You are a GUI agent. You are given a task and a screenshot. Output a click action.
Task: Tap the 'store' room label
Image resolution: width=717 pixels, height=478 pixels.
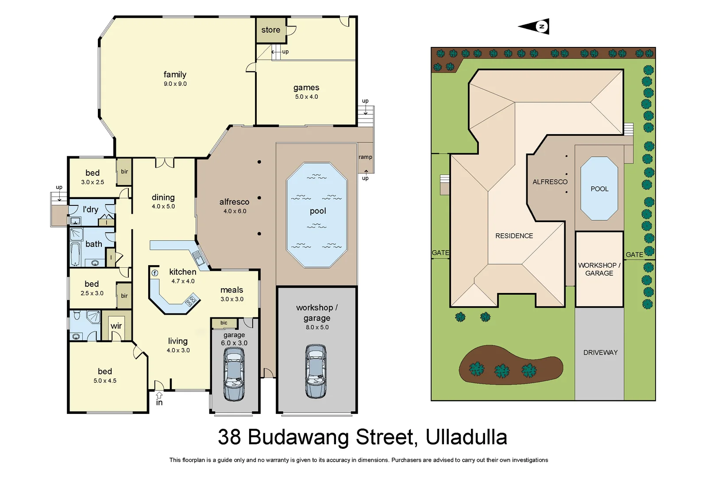pyautogui.click(x=270, y=30)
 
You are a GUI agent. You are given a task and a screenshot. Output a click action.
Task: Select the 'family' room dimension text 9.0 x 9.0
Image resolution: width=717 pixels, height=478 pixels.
pyautogui.click(x=175, y=84)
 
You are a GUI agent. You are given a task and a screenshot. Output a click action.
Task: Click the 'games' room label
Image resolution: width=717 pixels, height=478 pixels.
pyautogui.click(x=306, y=88)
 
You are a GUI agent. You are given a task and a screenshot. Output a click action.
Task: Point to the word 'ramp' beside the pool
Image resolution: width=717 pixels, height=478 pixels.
pyautogui.click(x=365, y=157)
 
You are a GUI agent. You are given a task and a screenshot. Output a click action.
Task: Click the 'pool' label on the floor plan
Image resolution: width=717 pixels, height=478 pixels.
pyautogui.click(x=318, y=211)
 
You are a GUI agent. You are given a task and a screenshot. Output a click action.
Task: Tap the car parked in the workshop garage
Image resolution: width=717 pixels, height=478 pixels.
pyautogui.click(x=316, y=371)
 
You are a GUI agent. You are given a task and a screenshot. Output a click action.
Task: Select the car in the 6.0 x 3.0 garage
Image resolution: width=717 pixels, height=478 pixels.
pyautogui.click(x=234, y=374)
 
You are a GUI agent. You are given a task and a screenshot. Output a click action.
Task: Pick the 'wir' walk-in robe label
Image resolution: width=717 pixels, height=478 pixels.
pyautogui.click(x=116, y=326)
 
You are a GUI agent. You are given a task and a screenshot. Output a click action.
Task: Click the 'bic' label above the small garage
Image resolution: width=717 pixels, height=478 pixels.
pyautogui.click(x=224, y=323)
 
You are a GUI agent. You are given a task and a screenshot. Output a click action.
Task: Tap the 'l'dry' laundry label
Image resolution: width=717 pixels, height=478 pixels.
pyautogui.click(x=90, y=209)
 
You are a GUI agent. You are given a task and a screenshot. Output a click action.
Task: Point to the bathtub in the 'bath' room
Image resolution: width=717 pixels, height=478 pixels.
pyautogui.click(x=76, y=254)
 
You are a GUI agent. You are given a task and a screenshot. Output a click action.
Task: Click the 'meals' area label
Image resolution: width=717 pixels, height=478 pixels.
pyautogui.click(x=231, y=290)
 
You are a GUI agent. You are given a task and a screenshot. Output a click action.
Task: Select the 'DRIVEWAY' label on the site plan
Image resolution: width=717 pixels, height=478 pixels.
pyautogui.click(x=600, y=353)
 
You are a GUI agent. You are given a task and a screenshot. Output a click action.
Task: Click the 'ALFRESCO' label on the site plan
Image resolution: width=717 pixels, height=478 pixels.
pyautogui.click(x=550, y=182)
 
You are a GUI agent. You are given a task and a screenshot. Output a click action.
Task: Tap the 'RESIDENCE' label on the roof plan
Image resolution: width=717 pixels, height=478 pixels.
pyautogui.click(x=514, y=236)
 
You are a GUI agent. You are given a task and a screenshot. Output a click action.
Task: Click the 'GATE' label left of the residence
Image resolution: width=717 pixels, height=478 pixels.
pyautogui.click(x=440, y=253)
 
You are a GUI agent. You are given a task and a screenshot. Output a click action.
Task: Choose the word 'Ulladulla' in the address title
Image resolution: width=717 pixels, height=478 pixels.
pyautogui.click(x=466, y=437)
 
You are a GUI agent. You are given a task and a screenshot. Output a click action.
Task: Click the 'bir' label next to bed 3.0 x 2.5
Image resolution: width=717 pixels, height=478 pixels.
pyautogui.click(x=124, y=172)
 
